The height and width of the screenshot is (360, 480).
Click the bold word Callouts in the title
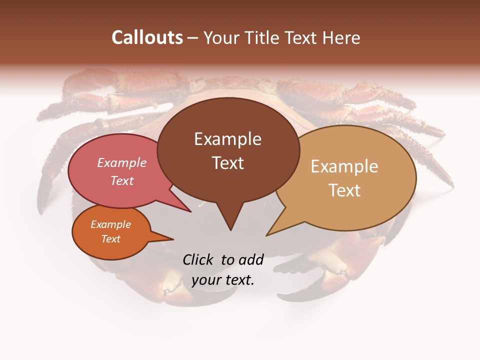(147, 37)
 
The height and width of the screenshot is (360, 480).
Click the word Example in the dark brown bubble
(227, 139)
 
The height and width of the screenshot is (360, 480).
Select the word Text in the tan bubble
(344, 190)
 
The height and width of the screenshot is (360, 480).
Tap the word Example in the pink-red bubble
(121, 163)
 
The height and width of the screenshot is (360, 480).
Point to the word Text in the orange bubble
(111, 239)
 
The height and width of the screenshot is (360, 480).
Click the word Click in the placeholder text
(199, 259)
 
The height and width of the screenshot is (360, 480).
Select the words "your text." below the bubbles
(223, 280)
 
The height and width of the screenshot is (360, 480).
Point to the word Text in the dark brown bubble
(227, 163)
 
